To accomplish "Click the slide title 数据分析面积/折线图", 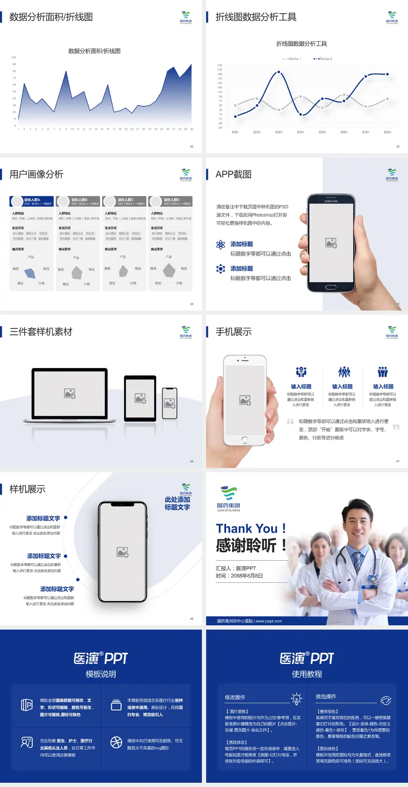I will coord(51,17).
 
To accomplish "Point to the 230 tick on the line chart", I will coord(220,65).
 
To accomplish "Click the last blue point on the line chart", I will coord(387,74).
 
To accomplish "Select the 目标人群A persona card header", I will coord(32,201).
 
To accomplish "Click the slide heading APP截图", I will coord(233,174).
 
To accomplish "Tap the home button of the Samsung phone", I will coord(331,287).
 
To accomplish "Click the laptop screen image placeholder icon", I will coord(70,393).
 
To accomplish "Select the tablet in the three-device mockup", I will coord(140,398).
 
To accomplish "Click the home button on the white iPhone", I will coord(244,439).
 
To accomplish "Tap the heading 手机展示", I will coord(233,332).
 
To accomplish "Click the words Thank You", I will coord(246,528).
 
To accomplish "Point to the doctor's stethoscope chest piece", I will coord(373,579).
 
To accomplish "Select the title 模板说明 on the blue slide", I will coord(101,674).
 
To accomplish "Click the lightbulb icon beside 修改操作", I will coord(296,699).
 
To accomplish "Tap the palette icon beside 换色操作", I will coord(386,700).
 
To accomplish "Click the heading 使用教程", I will coord(307,674).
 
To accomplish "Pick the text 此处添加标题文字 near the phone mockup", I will coord(177,503).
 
